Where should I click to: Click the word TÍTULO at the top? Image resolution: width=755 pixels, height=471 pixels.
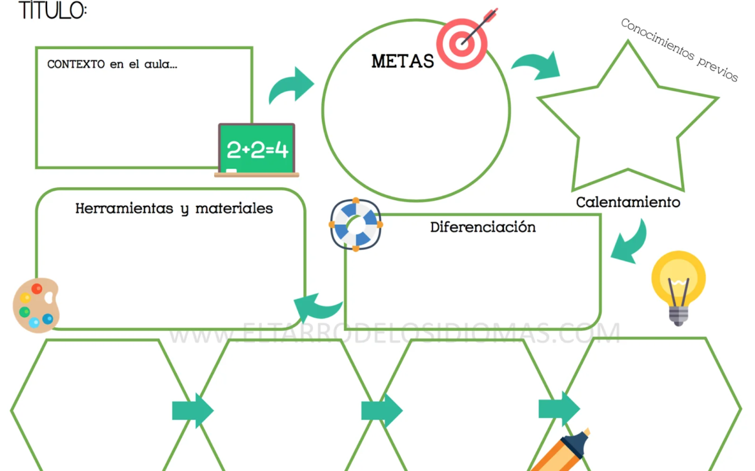[x=52, y=10]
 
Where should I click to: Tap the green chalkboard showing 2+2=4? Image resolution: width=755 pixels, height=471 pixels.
[x=257, y=150]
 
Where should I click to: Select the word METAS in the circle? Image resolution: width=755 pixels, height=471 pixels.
[x=403, y=61]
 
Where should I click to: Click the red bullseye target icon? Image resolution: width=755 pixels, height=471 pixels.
[x=465, y=41]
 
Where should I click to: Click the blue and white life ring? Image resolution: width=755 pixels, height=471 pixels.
[x=356, y=225]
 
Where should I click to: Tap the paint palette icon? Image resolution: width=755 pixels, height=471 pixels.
[x=36, y=305]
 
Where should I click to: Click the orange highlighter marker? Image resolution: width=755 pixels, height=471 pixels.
[x=561, y=451]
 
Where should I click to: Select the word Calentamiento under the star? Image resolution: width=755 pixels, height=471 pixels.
[x=628, y=202]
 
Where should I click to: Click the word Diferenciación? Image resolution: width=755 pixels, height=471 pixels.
[x=483, y=227]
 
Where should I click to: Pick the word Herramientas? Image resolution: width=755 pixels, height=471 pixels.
[x=125, y=208]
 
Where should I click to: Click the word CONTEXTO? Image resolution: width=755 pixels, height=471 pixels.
[x=76, y=64]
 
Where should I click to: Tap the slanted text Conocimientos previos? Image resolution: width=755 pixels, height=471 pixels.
[x=679, y=50]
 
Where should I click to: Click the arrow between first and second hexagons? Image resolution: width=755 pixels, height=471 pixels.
[x=192, y=410]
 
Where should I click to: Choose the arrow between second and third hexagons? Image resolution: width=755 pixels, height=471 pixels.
[x=382, y=410]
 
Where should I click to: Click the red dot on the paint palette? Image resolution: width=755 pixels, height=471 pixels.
[x=37, y=288]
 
